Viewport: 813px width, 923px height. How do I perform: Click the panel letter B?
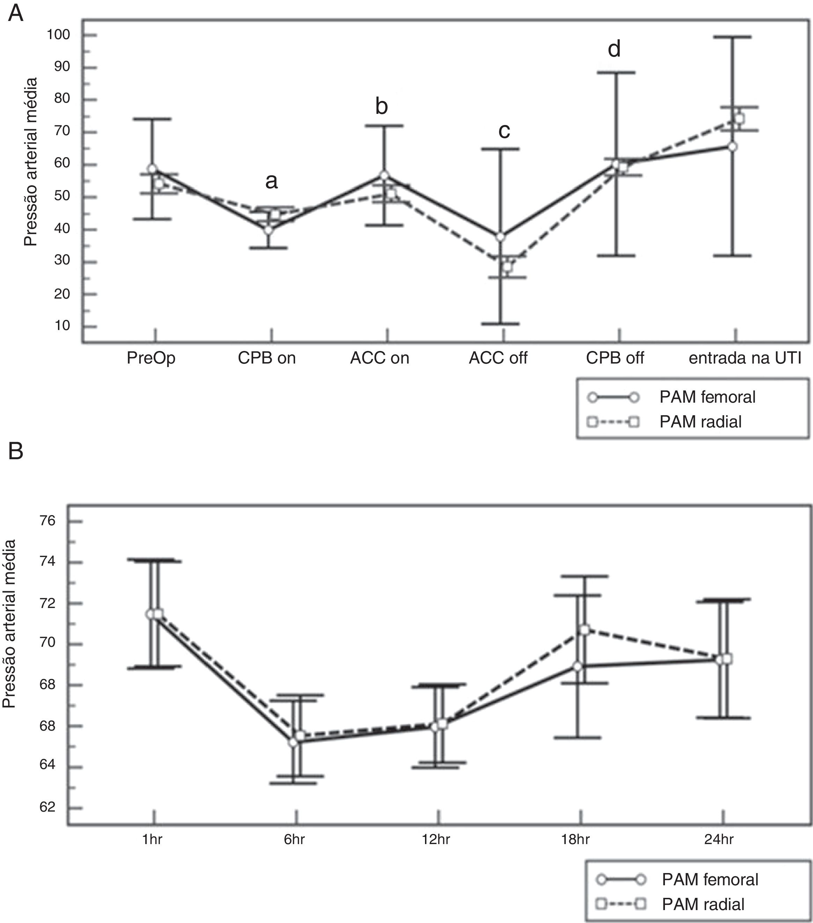(16, 450)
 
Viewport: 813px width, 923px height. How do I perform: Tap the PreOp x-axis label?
(151, 358)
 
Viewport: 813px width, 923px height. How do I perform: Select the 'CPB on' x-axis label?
(266, 358)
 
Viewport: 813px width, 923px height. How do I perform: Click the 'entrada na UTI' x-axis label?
(745, 358)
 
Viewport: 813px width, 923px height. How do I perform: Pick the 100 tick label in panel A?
(58, 35)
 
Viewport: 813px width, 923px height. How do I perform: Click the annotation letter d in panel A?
(614, 49)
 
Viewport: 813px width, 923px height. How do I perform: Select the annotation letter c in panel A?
(504, 131)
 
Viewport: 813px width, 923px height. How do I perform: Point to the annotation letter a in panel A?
(271, 182)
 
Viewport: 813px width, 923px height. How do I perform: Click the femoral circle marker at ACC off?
(500, 237)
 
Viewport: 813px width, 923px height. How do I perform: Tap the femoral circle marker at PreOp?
(152, 169)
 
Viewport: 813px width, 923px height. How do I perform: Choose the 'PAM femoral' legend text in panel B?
(710, 880)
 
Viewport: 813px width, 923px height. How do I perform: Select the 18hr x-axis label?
(576, 840)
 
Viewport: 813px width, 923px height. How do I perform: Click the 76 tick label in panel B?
(47, 521)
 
